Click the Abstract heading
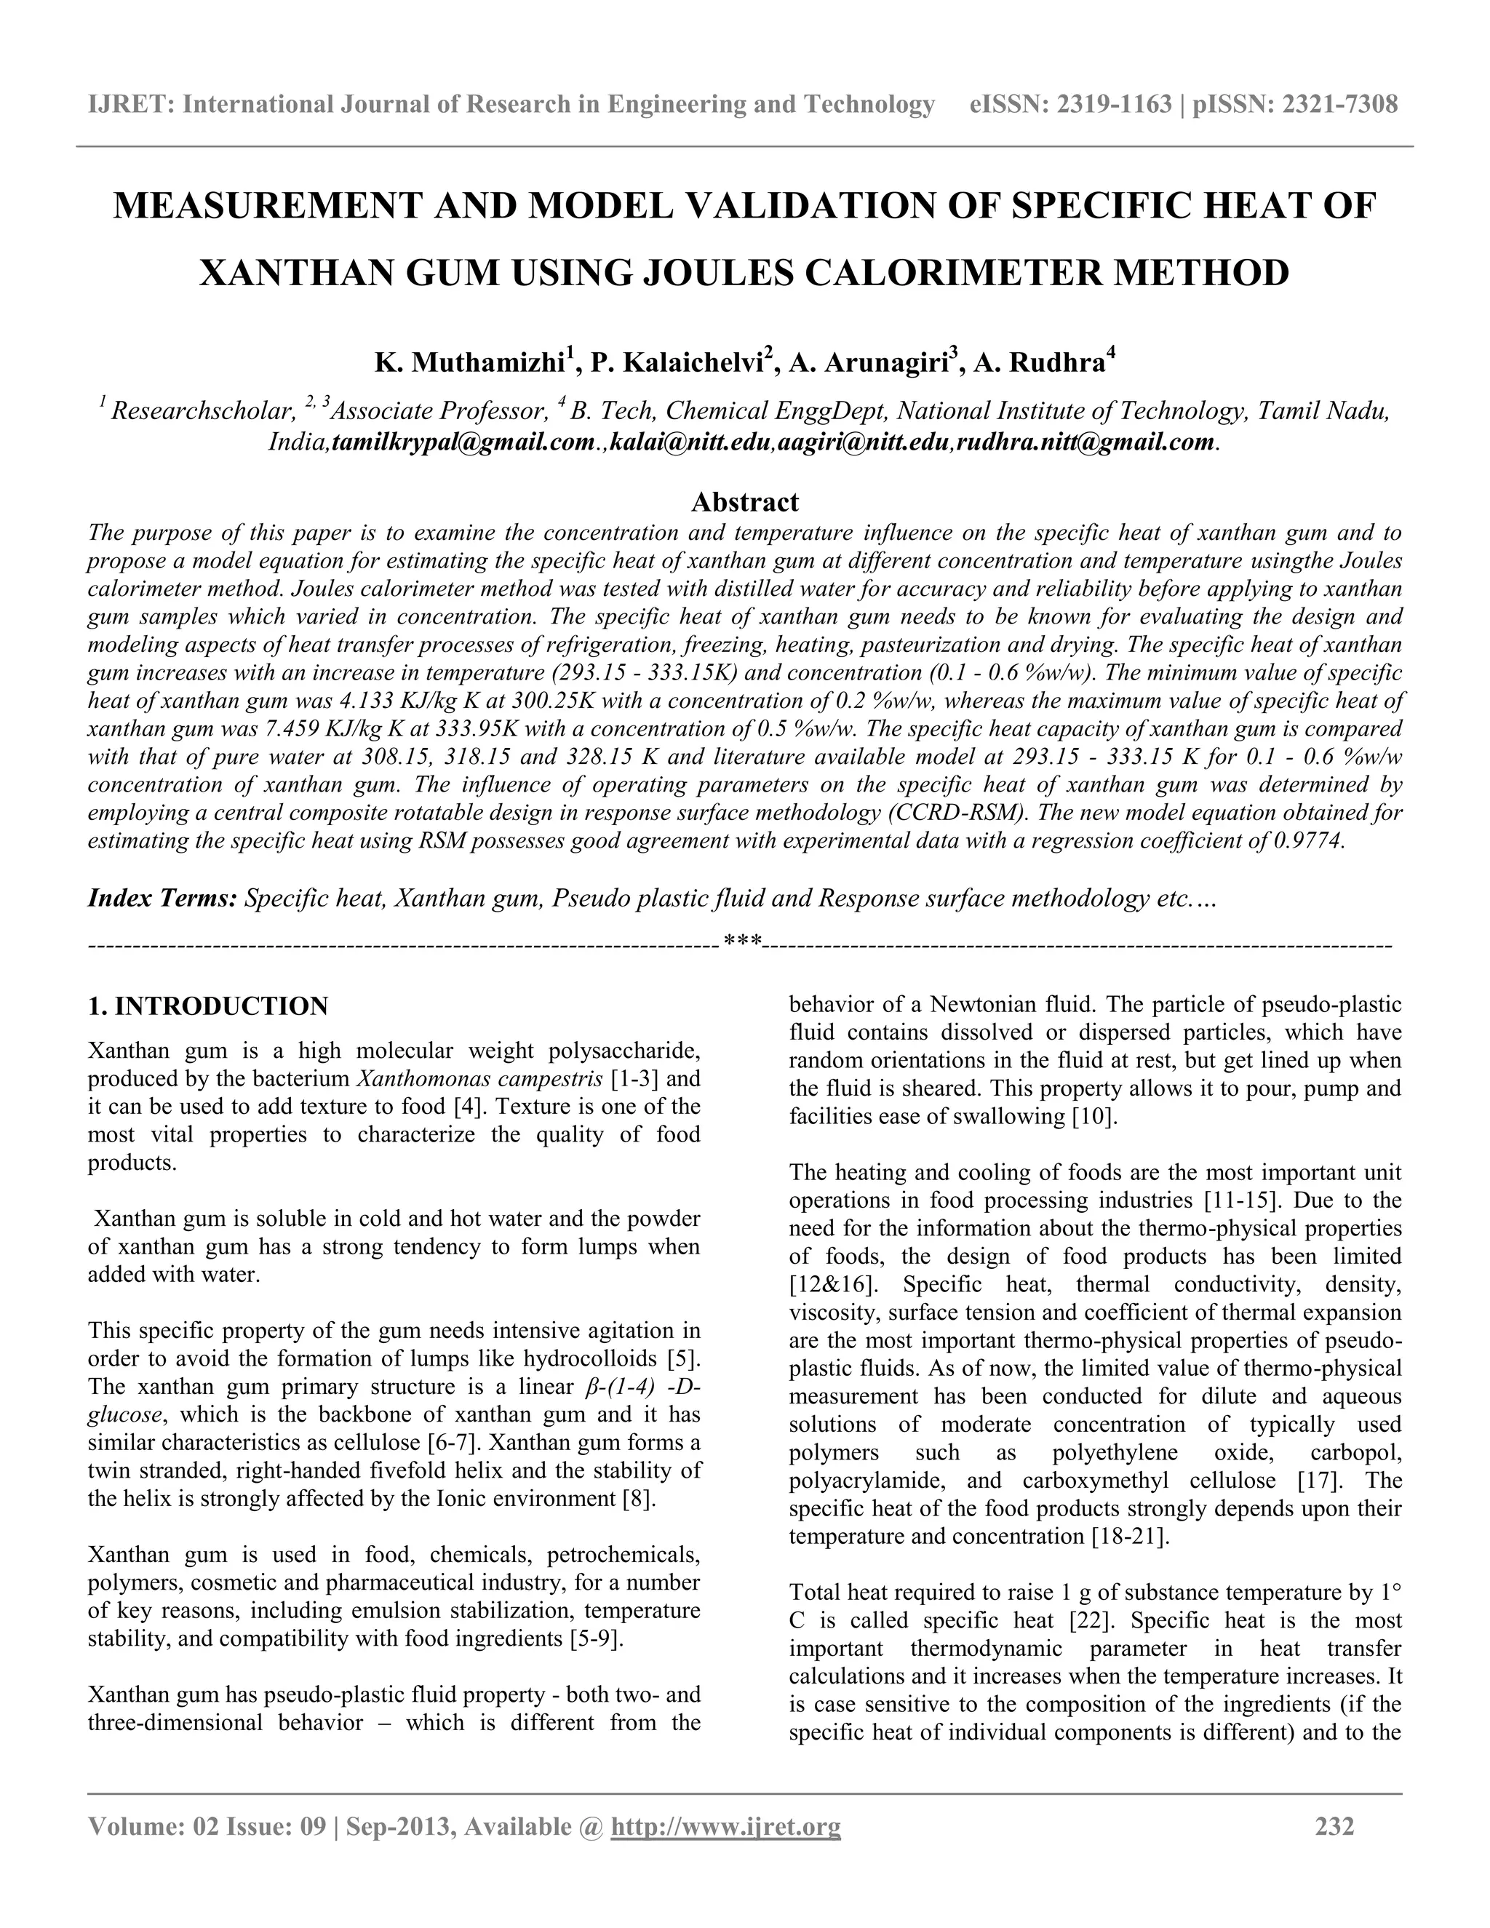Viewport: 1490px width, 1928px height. (745, 502)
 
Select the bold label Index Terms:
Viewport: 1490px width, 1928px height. (162, 899)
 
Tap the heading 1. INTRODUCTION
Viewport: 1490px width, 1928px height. (208, 1006)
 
